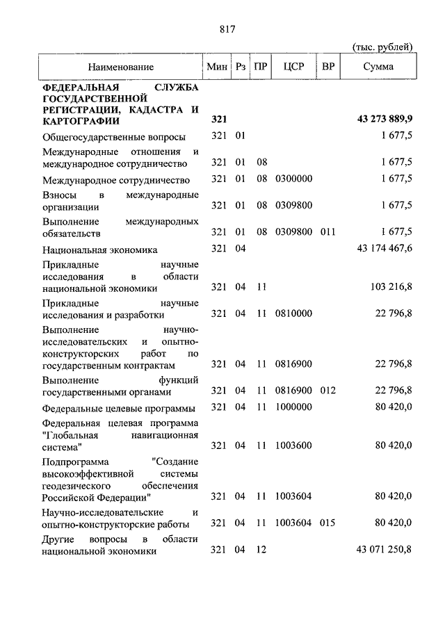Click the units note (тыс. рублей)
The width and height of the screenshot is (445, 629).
pos(382,47)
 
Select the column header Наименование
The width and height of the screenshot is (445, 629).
pos(120,67)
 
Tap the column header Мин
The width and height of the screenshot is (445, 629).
pos(217,67)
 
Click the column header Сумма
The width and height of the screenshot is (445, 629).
pos(378,67)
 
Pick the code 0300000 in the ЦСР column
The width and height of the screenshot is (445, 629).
pos(293,179)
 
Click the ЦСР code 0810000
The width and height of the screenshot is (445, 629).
pos(293,313)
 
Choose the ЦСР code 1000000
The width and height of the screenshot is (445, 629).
pos(293,407)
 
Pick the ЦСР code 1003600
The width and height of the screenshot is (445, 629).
pos(293,445)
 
